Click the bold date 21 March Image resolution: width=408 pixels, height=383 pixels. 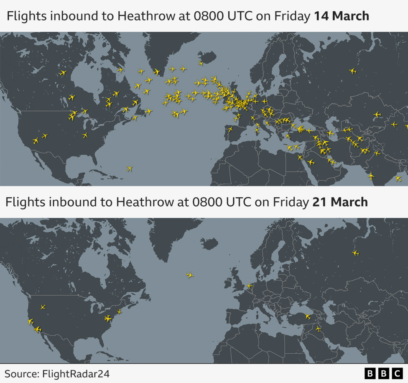click(340, 202)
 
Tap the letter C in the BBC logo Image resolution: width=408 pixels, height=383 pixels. click(396, 373)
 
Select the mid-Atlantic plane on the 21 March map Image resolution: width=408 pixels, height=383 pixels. click(190, 275)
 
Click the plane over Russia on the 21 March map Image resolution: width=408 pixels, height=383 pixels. click(355, 253)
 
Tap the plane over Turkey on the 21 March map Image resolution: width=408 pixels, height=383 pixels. click(308, 317)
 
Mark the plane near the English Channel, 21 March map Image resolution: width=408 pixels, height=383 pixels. click(250, 286)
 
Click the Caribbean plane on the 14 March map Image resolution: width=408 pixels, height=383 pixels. click(129, 169)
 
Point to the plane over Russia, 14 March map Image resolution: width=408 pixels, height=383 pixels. click(353, 71)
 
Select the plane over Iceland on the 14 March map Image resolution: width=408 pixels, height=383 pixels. click(201, 63)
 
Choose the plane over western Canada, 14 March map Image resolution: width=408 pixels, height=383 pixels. click(63, 73)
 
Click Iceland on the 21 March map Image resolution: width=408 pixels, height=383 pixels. click(209, 242)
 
